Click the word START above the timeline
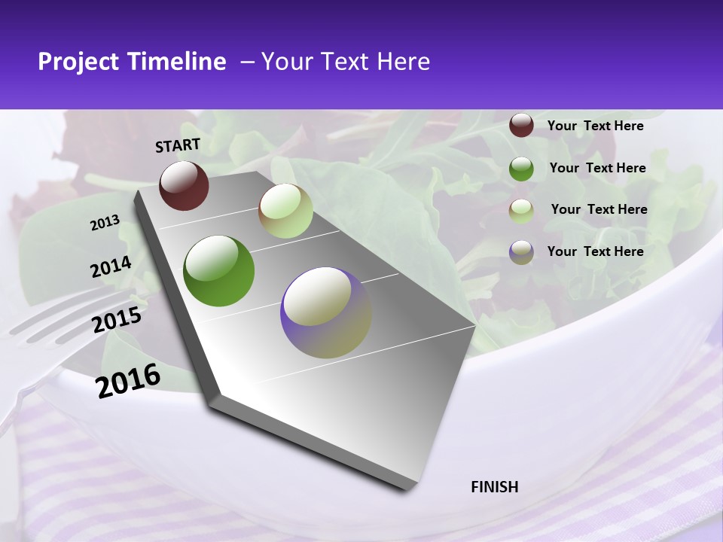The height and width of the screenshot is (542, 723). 178,145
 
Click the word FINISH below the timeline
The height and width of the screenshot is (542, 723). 495,487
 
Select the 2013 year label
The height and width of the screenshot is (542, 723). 105,223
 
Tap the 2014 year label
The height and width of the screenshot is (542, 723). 111,267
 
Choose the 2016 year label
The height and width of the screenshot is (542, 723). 128,380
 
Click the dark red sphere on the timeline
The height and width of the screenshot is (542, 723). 184,185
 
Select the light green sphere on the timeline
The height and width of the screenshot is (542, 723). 285,211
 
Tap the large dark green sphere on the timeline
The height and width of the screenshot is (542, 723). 218,271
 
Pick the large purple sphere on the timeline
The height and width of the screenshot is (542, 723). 325,312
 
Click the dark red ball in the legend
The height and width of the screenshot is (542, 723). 521,125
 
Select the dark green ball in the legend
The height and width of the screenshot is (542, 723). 521,168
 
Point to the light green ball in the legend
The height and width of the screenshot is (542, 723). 521,210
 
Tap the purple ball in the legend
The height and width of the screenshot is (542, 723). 521,252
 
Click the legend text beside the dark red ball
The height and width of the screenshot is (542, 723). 595,126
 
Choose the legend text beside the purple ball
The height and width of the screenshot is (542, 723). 595,251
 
